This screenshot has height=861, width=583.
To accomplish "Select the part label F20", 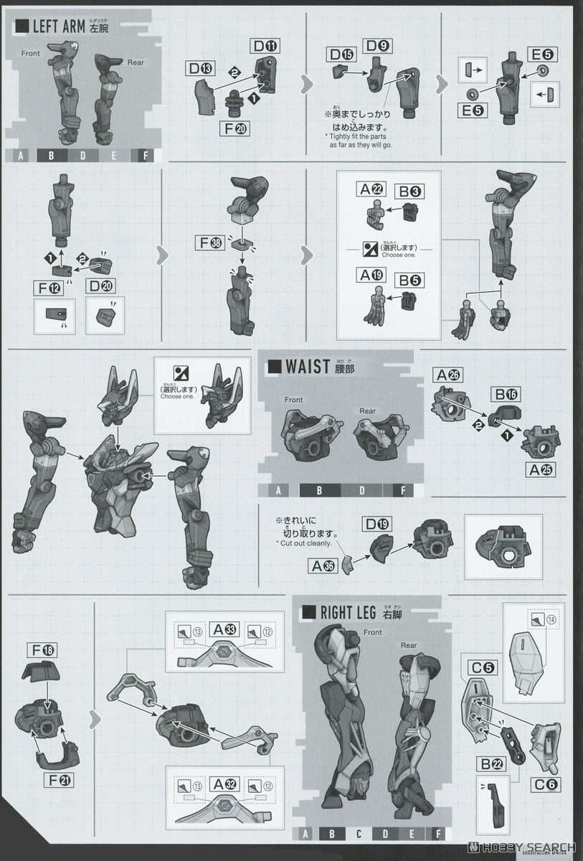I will tap(235, 129).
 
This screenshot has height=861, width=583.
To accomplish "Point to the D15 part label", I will tap(342, 53).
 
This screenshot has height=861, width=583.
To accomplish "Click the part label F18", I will tap(44, 650).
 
